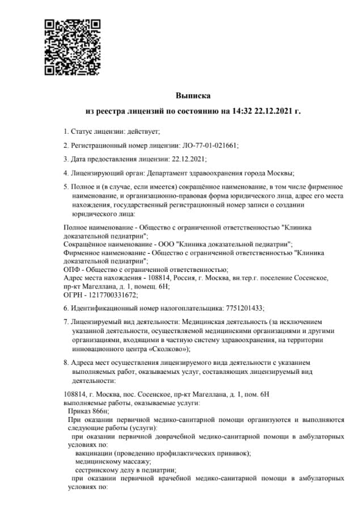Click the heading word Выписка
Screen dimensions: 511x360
(x=193, y=96)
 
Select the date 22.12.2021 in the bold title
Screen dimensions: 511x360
(x=274, y=111)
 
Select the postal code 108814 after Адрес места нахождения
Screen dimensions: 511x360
(x=158, y=278)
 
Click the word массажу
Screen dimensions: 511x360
(x=117, y=461)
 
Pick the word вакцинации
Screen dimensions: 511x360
(x=94, y=453)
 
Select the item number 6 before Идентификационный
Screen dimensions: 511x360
(x=65, y=308)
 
